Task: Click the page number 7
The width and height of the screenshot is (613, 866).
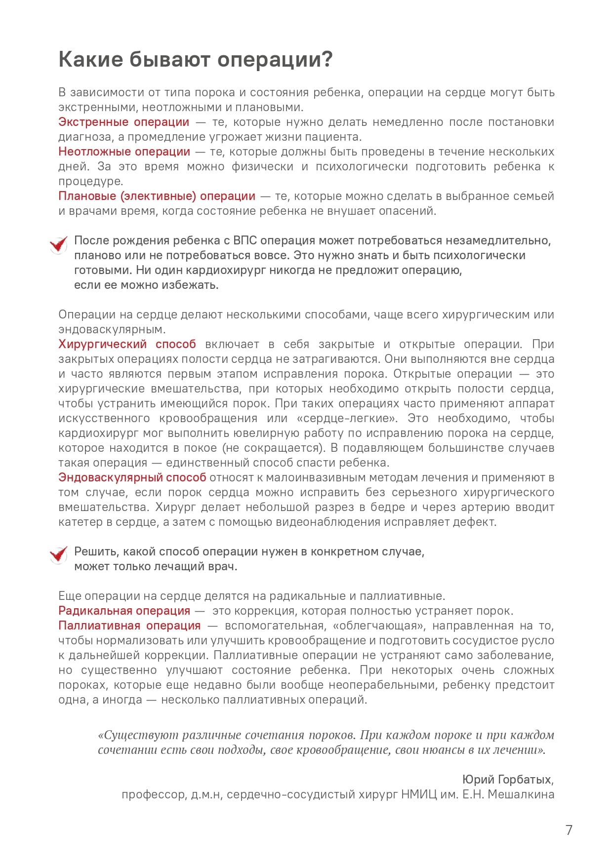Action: click(x=569, y=830)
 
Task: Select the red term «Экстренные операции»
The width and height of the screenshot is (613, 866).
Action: click(x=123, y=122)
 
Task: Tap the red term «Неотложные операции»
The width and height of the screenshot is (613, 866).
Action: click(x=124, y=152)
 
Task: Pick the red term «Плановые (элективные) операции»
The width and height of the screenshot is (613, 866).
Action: click(x=157, y=196)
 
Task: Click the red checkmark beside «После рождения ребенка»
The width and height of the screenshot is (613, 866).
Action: click(x=59, y=244)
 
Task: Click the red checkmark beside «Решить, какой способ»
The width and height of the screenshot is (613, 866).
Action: click(x=59, y=555)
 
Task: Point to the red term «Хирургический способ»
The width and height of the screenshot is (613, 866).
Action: click(x=127, y=344)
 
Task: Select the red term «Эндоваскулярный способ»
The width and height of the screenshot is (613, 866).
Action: click(x=132, y=477)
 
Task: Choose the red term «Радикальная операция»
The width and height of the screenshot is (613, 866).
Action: click(x=124, y=611)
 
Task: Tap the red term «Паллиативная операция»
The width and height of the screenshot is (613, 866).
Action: click(x=129, y=626)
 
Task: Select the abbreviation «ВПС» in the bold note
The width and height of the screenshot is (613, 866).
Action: click(x=245, y=240)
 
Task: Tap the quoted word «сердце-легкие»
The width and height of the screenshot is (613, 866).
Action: click(x=347, y=418)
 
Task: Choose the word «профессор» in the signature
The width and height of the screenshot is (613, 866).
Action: click(x=154, y=794)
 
